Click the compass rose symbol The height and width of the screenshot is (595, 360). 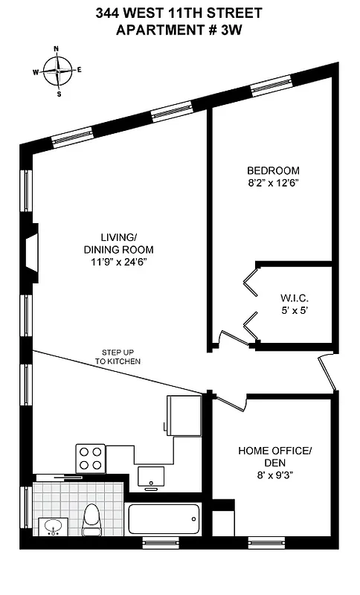coord(58,71)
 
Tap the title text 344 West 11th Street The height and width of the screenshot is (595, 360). coord(179,13)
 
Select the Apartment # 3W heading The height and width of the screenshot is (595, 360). coord(179,30)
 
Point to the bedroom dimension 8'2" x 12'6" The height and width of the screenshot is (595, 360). coord(274,182)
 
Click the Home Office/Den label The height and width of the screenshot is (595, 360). coord(274,457)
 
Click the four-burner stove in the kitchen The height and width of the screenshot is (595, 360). coord(90,457)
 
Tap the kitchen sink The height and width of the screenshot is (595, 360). coord(152,476)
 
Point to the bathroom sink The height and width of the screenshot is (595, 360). coord(53,527)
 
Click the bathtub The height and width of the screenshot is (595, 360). coord(164,515)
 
